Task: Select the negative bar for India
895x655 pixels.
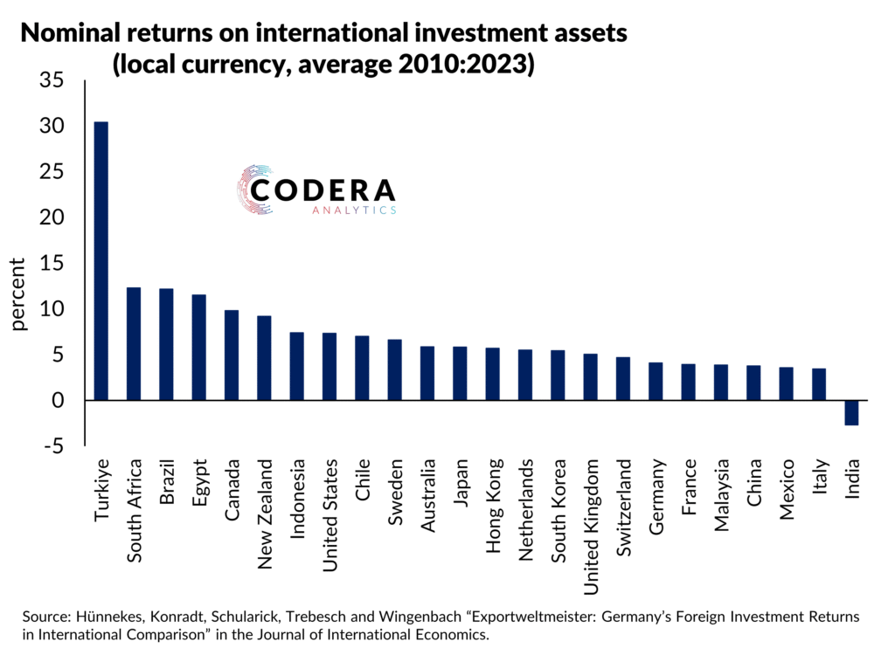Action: [851, 412]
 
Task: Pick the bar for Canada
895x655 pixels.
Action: [232, 355]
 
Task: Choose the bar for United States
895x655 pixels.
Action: [330, 366]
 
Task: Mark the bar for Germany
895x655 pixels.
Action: [656, 381]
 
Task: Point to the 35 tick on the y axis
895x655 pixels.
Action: [52, 81]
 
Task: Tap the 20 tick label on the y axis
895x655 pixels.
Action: [52, 217]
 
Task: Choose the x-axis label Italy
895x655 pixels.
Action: [819, 479]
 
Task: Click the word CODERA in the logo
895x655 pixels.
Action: [323, 190]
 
